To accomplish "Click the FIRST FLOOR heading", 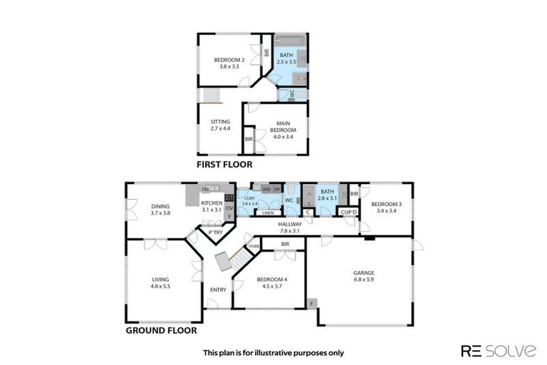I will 224,164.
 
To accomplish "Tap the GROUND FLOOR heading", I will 161,330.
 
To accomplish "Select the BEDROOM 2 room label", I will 229,60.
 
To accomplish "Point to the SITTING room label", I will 220,122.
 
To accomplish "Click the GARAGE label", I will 363,272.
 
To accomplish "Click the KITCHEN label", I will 212,204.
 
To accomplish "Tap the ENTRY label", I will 218,289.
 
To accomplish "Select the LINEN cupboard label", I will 269,213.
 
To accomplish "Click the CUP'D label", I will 348,212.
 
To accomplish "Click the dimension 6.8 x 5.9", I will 363,279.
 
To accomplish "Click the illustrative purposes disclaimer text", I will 273,352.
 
